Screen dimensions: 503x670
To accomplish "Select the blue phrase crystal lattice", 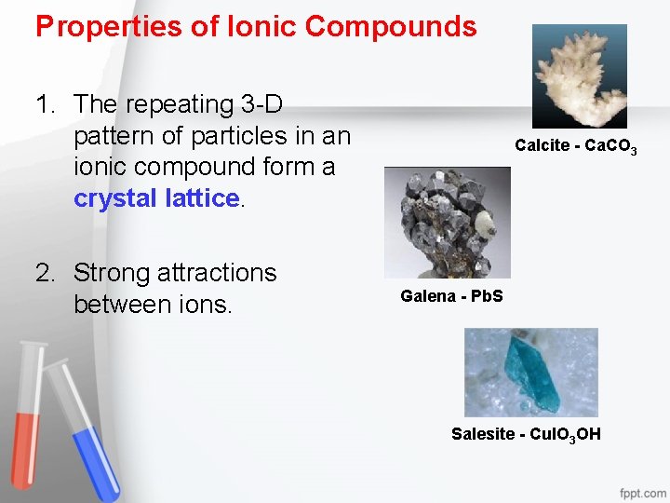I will tap(156, 198).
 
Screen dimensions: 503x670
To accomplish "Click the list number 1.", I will tap(45, 104).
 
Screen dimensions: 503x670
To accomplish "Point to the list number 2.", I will tap(45, 273).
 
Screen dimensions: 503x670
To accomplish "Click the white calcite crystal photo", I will tap(579, 75).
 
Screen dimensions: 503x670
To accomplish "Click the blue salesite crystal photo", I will tap(530, 372).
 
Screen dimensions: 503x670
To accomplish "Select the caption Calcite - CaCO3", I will tap(575, 146).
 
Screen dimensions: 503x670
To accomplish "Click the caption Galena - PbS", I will tap(451, 296).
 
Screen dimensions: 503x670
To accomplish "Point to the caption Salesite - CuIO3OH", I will tap(526, 434).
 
